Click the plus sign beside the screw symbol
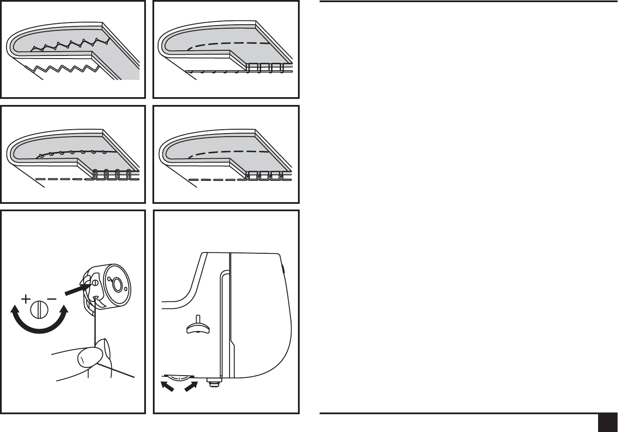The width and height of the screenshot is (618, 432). point(26,299)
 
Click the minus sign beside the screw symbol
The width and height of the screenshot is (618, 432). point(52,299)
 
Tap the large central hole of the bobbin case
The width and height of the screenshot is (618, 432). point(116,285)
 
